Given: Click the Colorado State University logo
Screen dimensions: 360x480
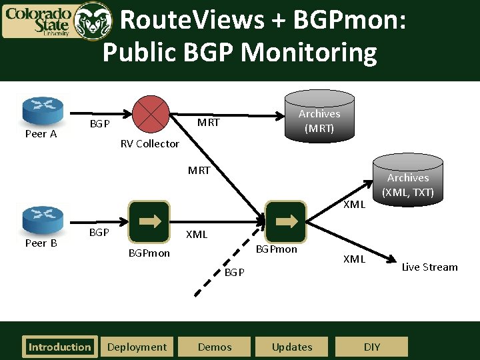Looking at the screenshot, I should coord(57,20).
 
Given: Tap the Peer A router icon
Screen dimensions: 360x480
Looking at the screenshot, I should coord(42,108).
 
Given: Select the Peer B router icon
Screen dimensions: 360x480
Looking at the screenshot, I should coord(42,217).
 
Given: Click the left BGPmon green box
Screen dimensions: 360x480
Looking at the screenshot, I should coord(149,221).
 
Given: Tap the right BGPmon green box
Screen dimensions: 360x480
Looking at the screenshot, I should coord(285,221).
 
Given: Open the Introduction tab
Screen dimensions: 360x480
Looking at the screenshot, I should coord(59,347).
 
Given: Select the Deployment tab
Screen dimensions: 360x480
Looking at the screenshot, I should coord(137,347).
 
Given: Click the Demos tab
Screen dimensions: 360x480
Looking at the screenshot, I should coord(215,347).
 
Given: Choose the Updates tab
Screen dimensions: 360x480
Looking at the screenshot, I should coord(292,347).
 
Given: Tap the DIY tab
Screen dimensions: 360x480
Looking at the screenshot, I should coord(372,347).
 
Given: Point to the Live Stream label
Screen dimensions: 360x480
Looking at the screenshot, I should coord(429,267).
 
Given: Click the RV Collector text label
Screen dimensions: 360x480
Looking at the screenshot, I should coord(149,144).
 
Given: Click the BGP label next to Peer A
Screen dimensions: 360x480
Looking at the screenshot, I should coord(100,125).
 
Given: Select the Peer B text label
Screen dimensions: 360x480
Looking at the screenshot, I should coord(41,243).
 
